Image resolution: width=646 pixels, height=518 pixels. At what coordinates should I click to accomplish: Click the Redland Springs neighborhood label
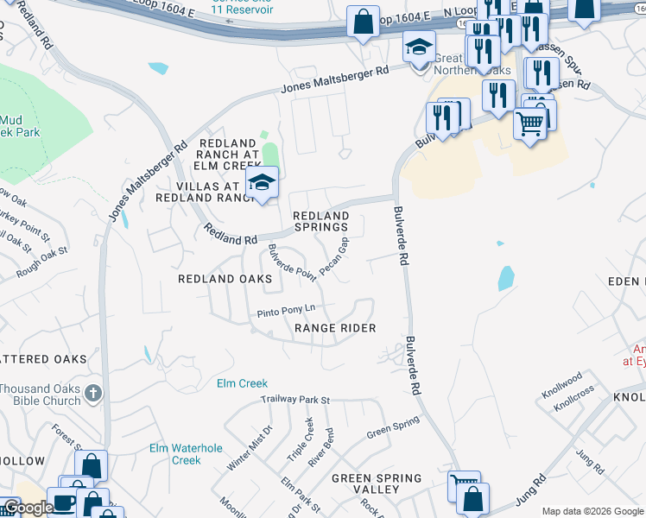pyautogui.click(x=320, y=221)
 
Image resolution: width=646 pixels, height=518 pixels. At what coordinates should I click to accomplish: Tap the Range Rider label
pyautogui.click(x=335, y=328)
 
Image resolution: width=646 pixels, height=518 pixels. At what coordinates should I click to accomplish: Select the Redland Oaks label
pyautogui.click(x=225, y=279)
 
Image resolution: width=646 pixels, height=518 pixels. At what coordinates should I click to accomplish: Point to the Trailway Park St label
pyautogui.click(x=296, y=400)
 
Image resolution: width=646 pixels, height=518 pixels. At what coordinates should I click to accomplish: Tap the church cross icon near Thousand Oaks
pyautogui.click(x=93, y=395)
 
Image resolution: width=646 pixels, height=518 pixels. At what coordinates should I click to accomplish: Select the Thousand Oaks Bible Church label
pyautogui.click(x=40, y=395)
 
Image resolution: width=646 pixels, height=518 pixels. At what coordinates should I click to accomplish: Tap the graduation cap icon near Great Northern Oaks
pyautogui.click(x=419, y=47)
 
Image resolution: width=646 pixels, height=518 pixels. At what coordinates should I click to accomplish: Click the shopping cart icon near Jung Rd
pyautogui.click(x=464, y=486)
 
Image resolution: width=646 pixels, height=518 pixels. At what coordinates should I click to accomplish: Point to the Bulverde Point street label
pyautogui.click(x=292, y=262)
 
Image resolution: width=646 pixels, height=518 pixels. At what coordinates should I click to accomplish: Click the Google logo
pyautogui.click(x=28, y=508)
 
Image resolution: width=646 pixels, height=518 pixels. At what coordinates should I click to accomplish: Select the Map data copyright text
pyautogui.click(x=592, y=511)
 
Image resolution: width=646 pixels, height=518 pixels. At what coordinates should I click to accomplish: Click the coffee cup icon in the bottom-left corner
pyautogui.click(x=64, y=502)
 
